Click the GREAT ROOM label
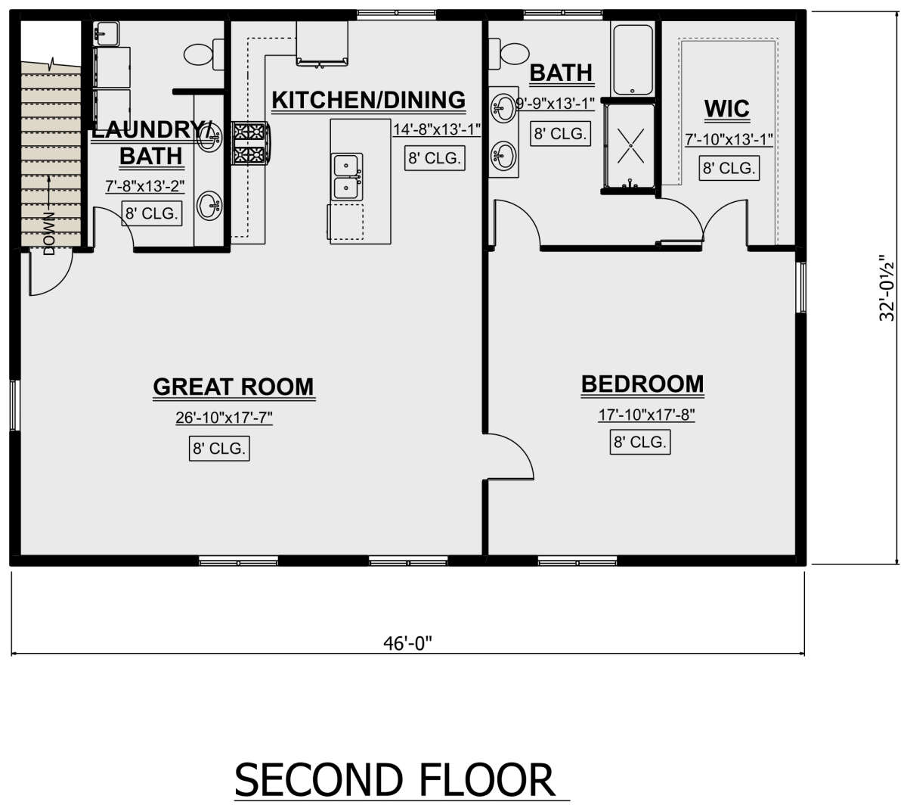coord(234,387)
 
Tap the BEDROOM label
coord(642,384)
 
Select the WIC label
coord(726,109)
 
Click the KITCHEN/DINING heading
coord(368,100)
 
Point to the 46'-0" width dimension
coord(407,644)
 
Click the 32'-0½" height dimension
coord(887,288)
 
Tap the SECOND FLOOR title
coord(395,780)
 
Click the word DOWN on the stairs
coord(49,233)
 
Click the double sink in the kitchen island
coord(346,176)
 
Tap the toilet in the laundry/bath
coord(204,54)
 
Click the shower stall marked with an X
coord(630,146)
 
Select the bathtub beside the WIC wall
coord(633,60)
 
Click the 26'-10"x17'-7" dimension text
coord(224,418)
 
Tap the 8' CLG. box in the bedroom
coord(639,443)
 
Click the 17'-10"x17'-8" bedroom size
coord(646,415)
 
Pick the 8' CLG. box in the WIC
coord(729,168)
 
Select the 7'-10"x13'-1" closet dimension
coord(729,140)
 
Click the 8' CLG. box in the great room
coord(219,448)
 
